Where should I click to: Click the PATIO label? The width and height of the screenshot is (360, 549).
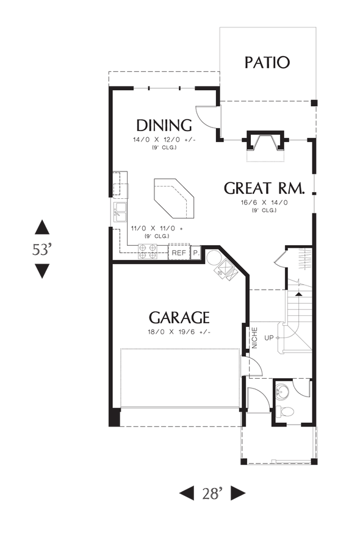(x=267, y=62)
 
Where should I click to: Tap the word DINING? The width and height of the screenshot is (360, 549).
(x=164, y=126)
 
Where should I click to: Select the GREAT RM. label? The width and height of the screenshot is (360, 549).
(x=264, y=188)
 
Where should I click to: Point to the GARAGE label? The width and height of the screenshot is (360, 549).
(x=179, y=318)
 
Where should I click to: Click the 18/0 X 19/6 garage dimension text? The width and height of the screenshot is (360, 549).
(x=179, y=332)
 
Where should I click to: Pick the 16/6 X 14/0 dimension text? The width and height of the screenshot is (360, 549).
(x=264, y=202)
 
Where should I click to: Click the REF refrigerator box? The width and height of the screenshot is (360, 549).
(x=178, y=253)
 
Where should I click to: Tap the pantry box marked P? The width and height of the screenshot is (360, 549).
(x=196, y=253)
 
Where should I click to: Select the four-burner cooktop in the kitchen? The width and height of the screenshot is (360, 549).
(x=148, y=252)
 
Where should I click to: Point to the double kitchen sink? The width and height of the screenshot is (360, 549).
(x=119, y=213)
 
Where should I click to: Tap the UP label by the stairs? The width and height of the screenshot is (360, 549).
(x=269, y=337)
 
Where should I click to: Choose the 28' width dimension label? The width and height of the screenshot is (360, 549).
(x=212, y=493)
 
